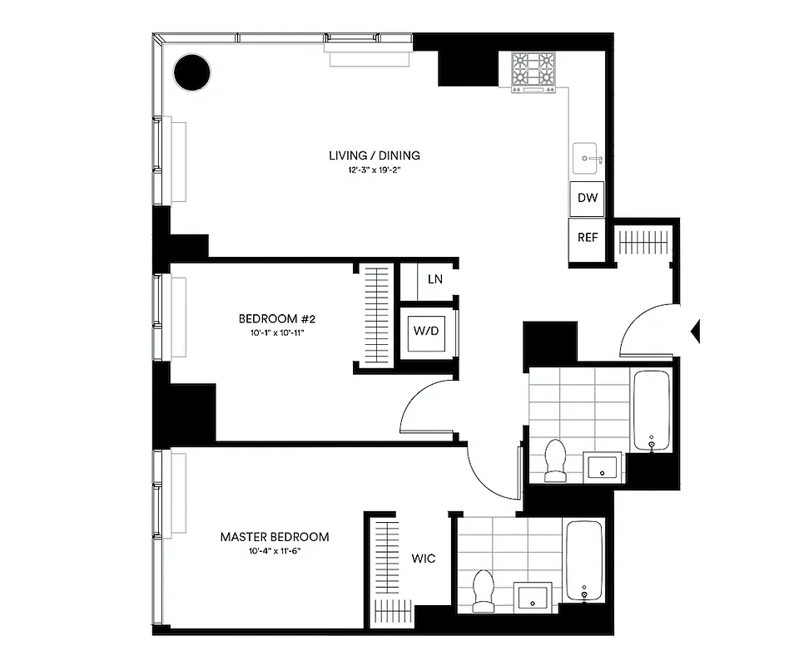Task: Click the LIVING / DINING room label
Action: coord(374,155)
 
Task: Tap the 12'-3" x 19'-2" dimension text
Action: coord(374,170)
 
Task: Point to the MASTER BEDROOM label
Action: coord(274,537)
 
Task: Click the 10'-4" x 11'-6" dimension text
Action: coord(274,551)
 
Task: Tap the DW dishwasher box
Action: coord(587,199)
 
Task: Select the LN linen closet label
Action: coord(434,279)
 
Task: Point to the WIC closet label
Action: coord(423,559)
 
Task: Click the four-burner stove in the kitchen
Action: coord(533,72)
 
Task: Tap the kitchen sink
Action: coord(589,156)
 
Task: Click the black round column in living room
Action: coord(191,72)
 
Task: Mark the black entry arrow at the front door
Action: coord(696,332)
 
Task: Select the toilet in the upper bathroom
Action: coord(554,461)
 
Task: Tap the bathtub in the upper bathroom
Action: coord(652,411)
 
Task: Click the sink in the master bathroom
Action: coord(532,596)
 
